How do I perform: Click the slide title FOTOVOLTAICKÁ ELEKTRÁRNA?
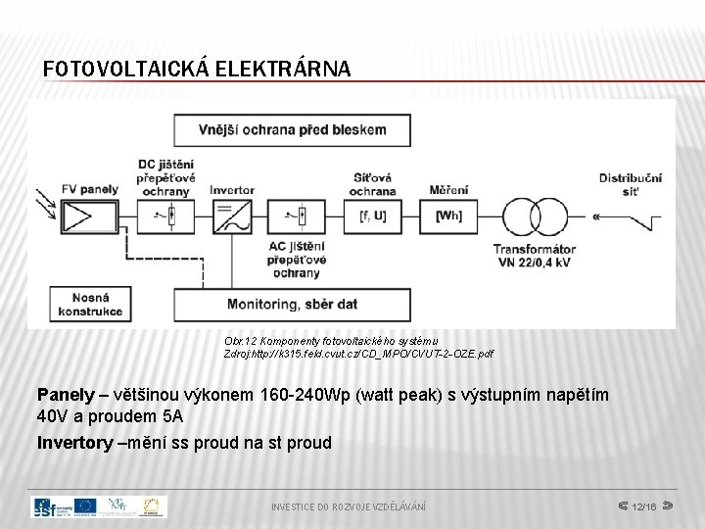pyautogui.click(x=197, y=69)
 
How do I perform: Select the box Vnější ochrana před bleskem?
pyautogui.click(x=292, y=129)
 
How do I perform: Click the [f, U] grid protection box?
pyautogui.click(x=372, y=216)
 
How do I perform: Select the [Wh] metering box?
pyautogui.click(x=448, y=216)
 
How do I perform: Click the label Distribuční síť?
pyautogui.click(x=631, y=184)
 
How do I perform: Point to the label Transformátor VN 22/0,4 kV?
pyautogui.click(x=535, y=256)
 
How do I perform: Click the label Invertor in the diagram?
pyautogui.click(x=232, y=190)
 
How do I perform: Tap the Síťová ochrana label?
pyautogui.click(x=373, y=184)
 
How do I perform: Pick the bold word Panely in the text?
pyautogui.click(x=65, y=395)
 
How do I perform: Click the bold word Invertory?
pyautogui.click(x=74, y=443)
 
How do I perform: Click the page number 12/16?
pyautogui.click(x=643, y=506)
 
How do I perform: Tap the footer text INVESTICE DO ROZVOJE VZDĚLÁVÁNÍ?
pyautogui.click(x=349, y=506)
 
